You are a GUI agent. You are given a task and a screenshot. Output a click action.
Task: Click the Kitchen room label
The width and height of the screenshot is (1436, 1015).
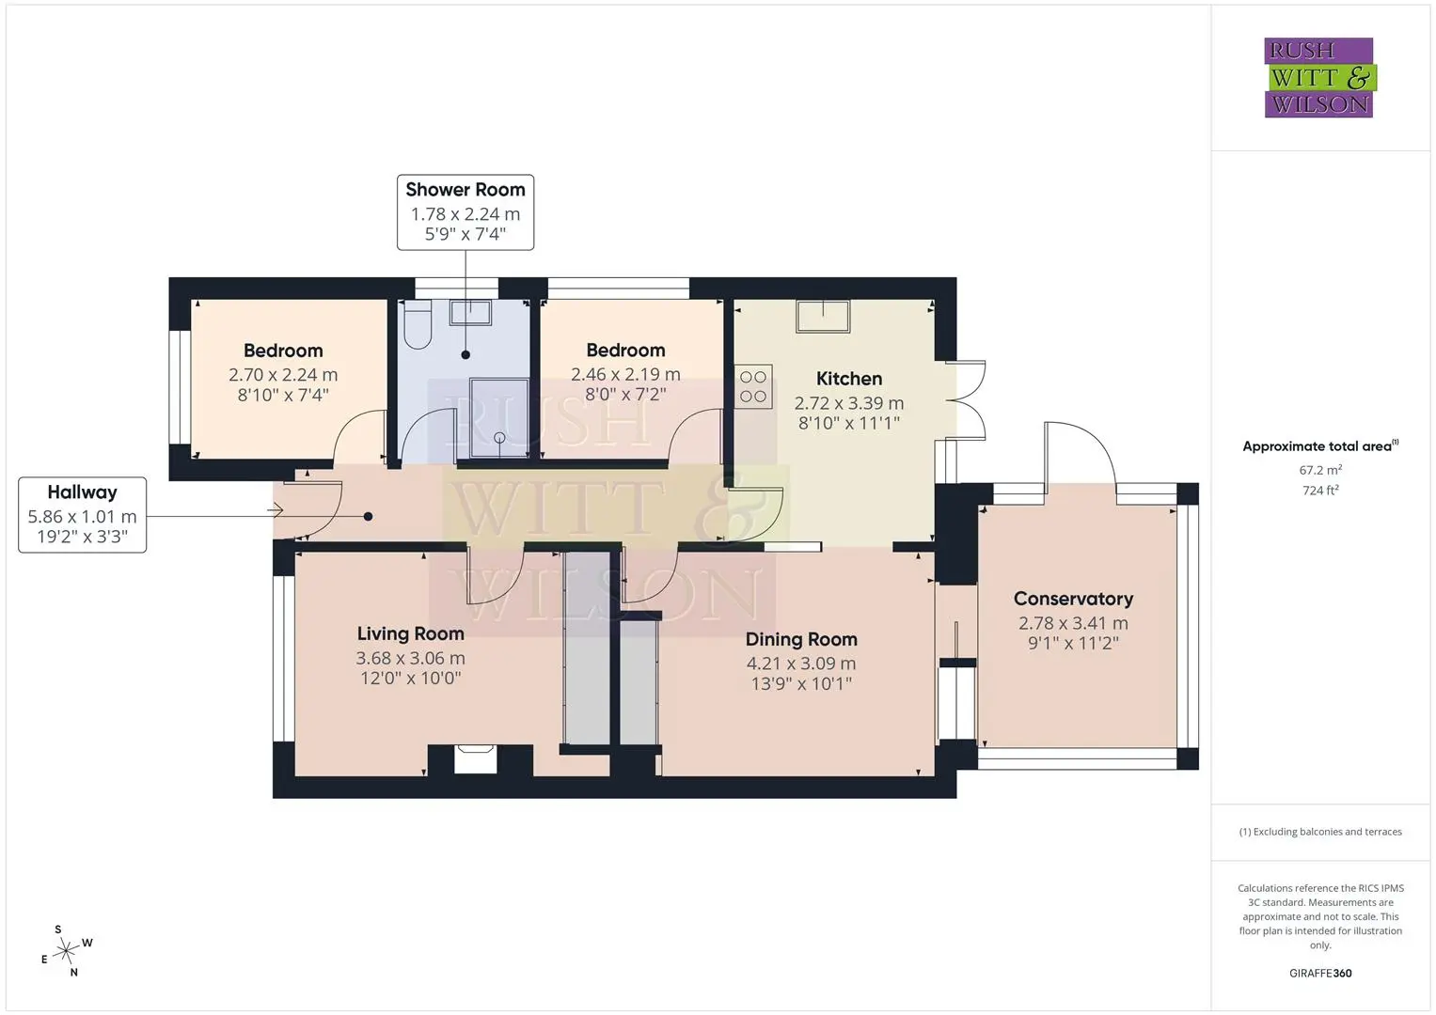[x=849, y=379]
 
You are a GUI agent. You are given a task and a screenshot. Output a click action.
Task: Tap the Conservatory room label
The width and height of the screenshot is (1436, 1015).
[x=1073, y=600]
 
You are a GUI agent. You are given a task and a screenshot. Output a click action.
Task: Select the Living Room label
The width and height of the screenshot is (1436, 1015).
[x=410, y=633]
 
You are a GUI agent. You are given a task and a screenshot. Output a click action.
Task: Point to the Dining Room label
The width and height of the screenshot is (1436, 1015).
[x=800, y=639]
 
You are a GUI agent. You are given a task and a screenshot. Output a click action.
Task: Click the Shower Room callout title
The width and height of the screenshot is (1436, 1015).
[x=466, y=190]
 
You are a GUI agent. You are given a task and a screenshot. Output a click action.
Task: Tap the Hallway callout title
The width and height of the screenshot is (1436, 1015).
[x=82, y=492]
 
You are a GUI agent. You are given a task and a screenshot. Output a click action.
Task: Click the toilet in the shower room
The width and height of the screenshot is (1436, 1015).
[x=418, y=324]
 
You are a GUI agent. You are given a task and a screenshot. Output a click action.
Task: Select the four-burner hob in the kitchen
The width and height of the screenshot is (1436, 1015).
[x=753, y=386]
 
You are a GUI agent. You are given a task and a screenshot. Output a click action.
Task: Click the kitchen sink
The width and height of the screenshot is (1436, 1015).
[x=823, y=316]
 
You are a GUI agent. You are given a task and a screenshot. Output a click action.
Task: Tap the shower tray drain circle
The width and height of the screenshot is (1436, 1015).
[x=499, y=438]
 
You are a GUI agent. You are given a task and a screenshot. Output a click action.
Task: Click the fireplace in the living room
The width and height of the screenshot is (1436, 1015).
[x=475, y=758]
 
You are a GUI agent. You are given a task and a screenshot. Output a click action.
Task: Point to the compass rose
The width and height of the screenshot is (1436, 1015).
[x=67, y=951]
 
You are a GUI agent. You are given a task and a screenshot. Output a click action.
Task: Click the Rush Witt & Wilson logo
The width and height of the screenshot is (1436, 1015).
[x=1320, y=77]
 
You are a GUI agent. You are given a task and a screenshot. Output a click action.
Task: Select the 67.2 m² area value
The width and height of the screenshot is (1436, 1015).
[x=1320, y=470]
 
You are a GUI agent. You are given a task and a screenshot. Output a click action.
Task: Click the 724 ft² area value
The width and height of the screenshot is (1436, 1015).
[x=1320, y=491]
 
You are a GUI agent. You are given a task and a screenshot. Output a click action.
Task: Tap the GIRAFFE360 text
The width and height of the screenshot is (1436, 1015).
[x=1320, y=974]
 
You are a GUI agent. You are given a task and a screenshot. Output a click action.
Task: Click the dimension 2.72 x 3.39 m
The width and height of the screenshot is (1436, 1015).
[x=849, y=403]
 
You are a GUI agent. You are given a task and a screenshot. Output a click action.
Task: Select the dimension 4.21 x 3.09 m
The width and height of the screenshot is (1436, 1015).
[x=800, y=664]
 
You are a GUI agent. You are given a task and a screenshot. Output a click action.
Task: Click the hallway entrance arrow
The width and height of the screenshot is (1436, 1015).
[x=275, y=510]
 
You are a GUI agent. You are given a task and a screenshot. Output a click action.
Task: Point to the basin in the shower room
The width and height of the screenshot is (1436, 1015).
[x=470, y=313]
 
